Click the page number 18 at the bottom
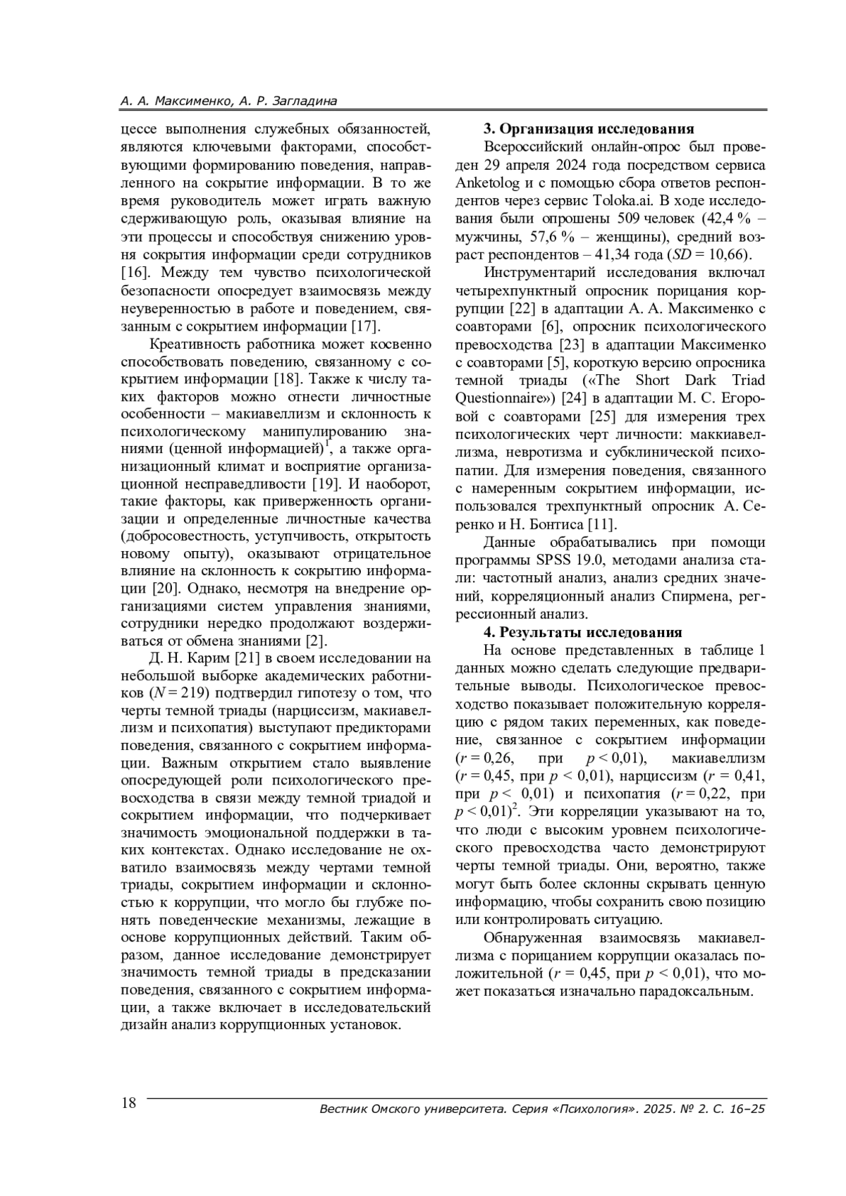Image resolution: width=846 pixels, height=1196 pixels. click(129, 1104)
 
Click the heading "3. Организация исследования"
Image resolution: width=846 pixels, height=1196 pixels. click(589, 128)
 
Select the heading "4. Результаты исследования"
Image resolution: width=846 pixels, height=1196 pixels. click(582, 632)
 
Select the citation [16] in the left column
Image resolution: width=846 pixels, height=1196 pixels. click(134, 272)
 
